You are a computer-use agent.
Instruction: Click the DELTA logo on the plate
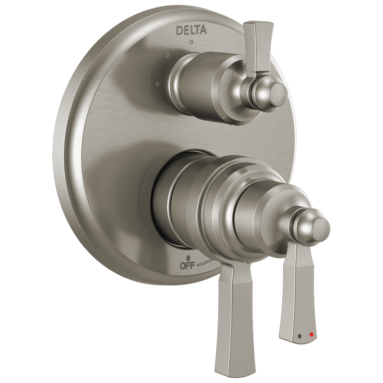(191, 30)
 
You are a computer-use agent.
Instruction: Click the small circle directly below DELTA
(191, 43)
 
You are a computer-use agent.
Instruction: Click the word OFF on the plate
(188, 265)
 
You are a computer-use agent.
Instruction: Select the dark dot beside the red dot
(300, 335)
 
